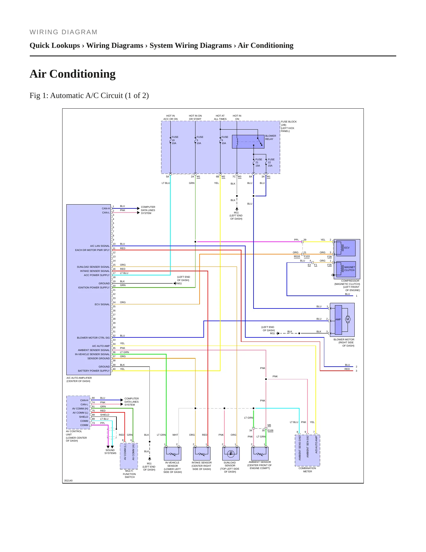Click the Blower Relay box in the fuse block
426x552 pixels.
pyautogui.click(x=248, y=142)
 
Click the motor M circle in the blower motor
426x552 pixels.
pyautogui.click(x=348, y=319)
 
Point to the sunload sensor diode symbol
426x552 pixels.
pyautogui.click(x=231, y=454)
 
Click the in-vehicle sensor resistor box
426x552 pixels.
pyautogui.click(x=172, y=453)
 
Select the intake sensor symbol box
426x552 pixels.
pyautogui.click(x=202, y=453)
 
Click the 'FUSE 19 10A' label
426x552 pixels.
pyautogui.click(x=175, y=140)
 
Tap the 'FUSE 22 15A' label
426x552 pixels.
pyautogui.click(x=271, y=163)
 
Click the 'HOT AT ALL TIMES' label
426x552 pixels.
pyautogui.click(x=220, y=117)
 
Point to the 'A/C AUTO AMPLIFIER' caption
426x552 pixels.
pyautogui.click(x=79, y=378)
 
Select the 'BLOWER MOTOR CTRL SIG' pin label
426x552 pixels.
pyautogui.click(x=93, y=338)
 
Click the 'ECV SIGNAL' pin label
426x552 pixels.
pyautogui.click(x=102, y=304)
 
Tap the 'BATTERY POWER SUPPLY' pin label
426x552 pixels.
pyautogui.click(x=94, y=371)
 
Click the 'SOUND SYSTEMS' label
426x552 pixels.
pyautogui.click(x=110, y=452)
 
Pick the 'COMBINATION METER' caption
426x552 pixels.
pyautogui.click(x=307, y=470)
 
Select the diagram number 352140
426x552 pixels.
pyautogui.click(x=68, y=481)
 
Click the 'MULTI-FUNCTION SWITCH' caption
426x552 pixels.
pyautogui.click(x=129, y=474)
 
